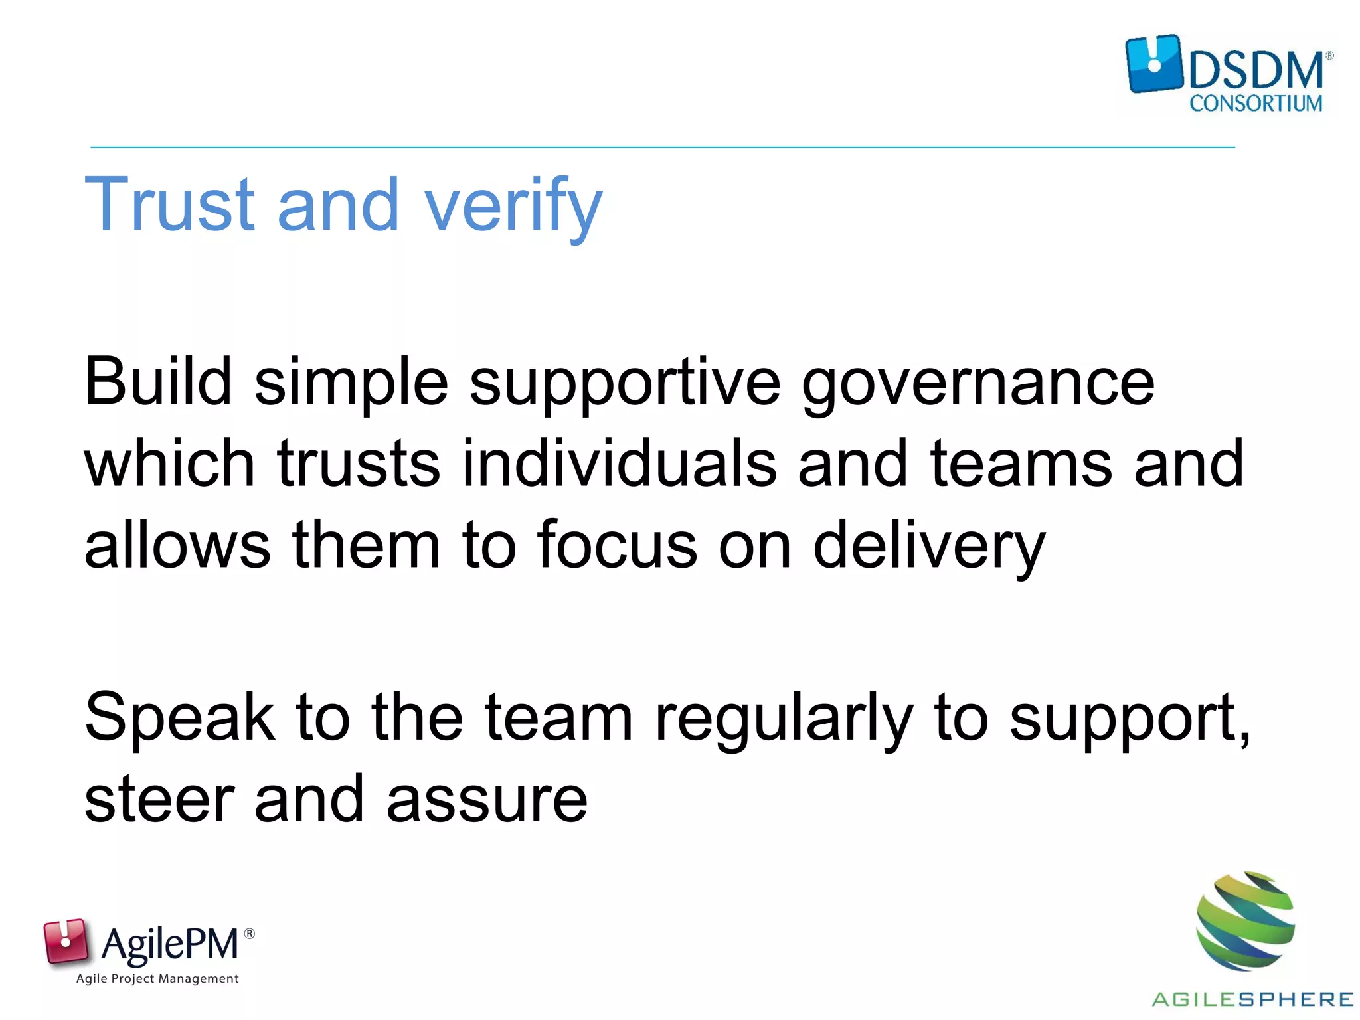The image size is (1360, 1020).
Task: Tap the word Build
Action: coord(158,382)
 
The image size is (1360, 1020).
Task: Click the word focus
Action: coord(618,545)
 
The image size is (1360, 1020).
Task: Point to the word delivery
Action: coord(929,548)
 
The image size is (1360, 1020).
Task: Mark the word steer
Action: coord(159,800)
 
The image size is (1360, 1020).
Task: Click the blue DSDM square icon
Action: coord(1154,64)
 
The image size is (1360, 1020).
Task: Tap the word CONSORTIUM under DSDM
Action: coord(1256,104)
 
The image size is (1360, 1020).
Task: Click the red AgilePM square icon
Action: coord(66,940)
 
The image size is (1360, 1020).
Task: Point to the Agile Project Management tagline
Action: coord(157,979)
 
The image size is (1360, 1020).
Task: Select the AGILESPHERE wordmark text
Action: coord(1252,999)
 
